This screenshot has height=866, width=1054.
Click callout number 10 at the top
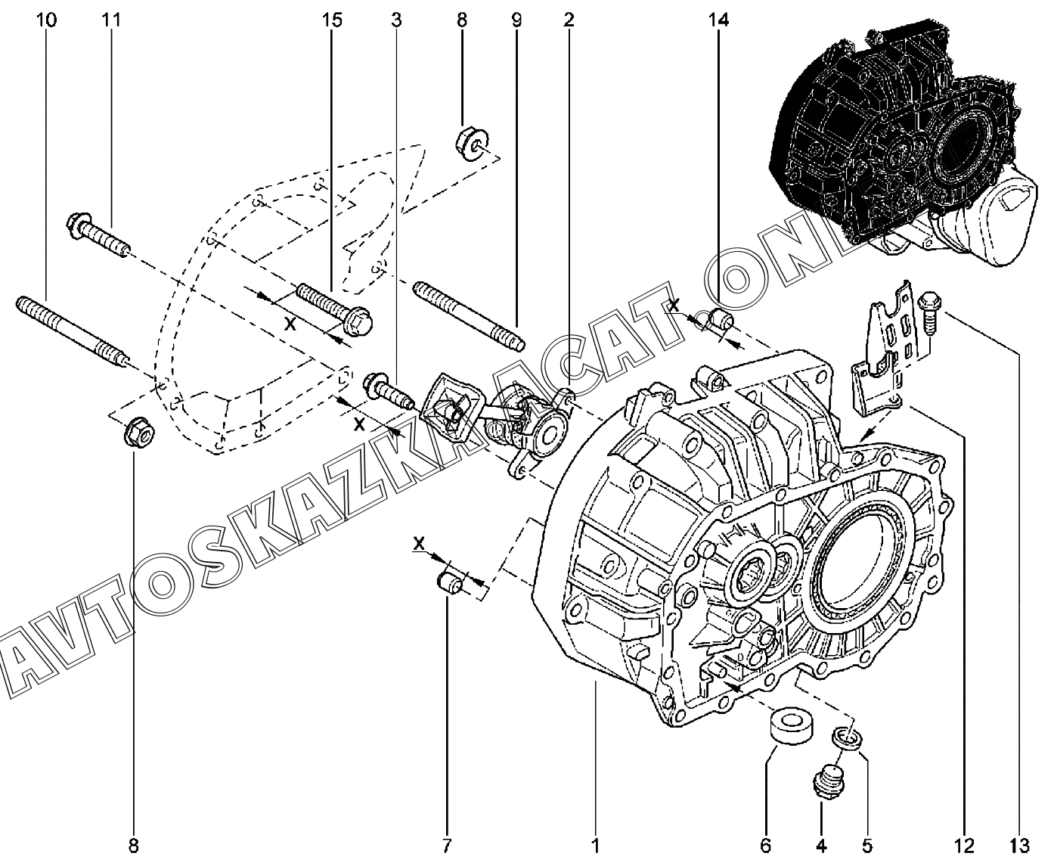[x=46, y=20]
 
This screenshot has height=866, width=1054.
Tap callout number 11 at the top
[x=111, y=20]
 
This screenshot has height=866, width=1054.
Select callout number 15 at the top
[x=332, y=20]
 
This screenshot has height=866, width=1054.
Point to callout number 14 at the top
[x=718, y=20]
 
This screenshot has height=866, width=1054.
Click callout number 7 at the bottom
[x=447, y=846]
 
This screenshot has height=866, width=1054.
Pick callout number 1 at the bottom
[x=595, y=846]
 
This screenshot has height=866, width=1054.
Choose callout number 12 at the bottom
[x=964, y=846]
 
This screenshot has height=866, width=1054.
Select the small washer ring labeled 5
[x=847, y=738]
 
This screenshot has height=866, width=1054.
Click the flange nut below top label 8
[x=472, y=144]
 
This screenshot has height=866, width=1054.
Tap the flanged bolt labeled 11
[x=98, y=234]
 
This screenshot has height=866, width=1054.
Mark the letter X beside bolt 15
[x=290, y=324]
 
